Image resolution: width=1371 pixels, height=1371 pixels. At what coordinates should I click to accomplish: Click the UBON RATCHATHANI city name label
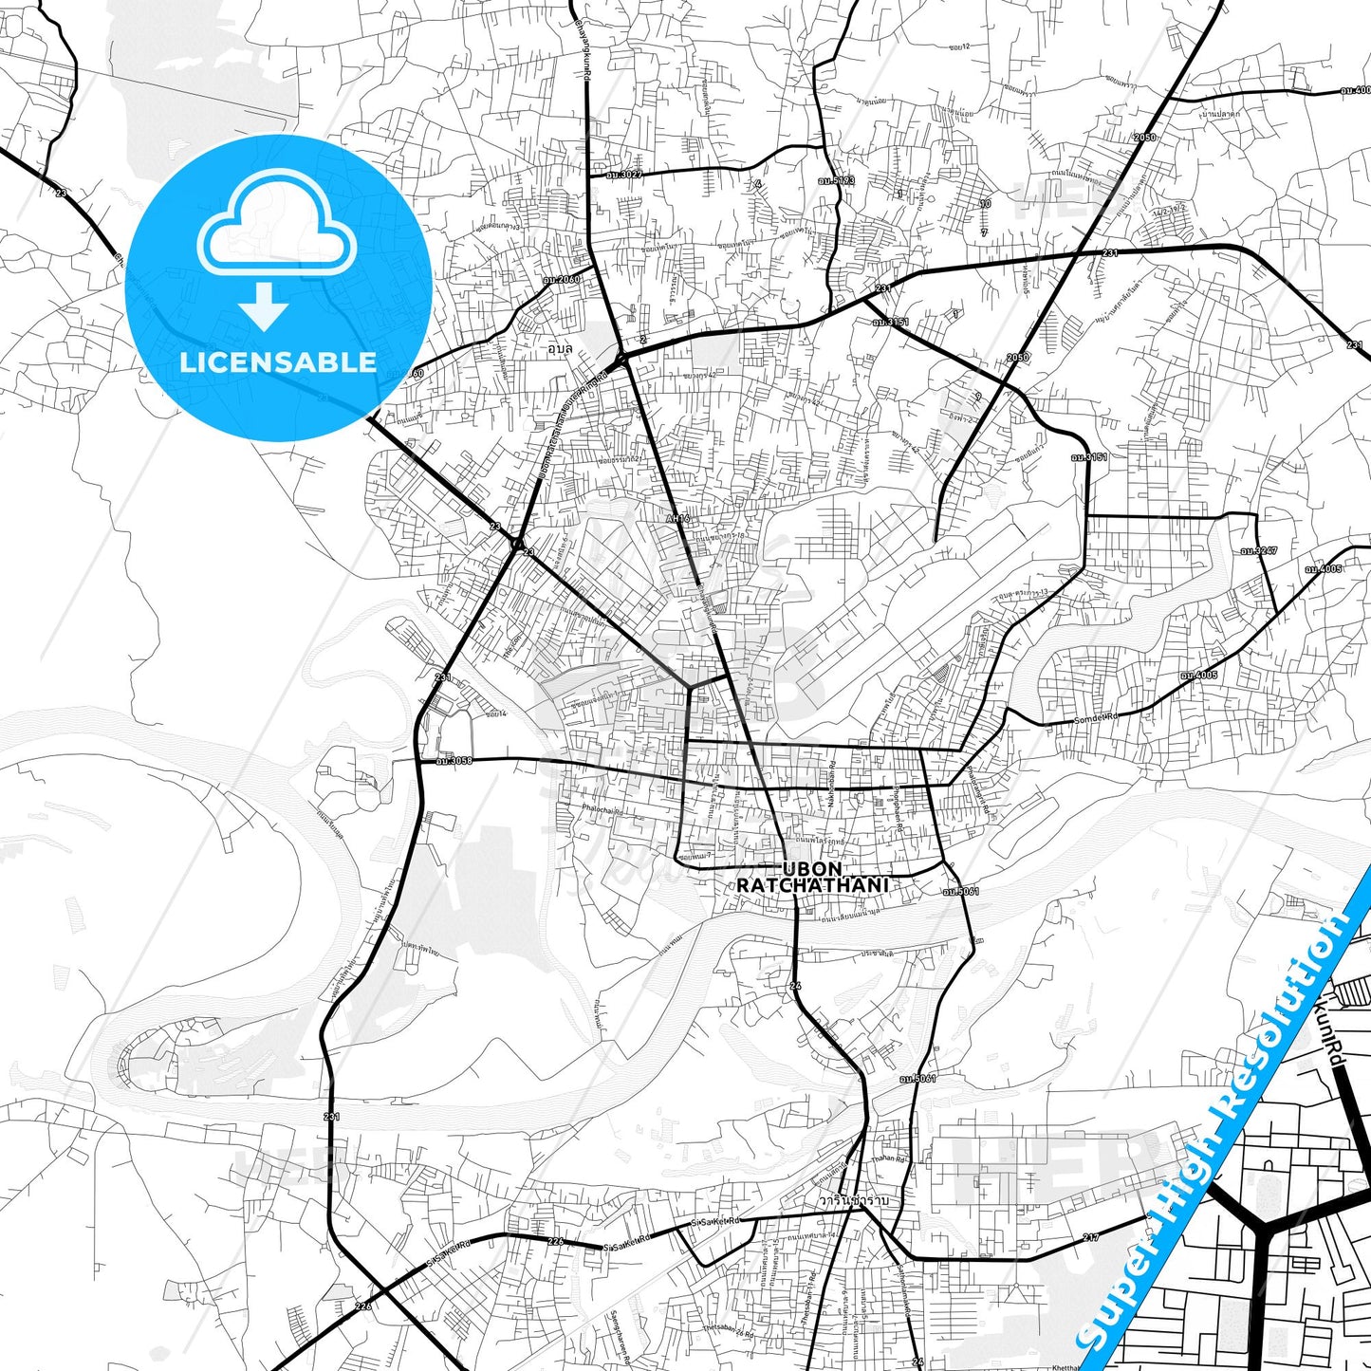[x=812, y=877]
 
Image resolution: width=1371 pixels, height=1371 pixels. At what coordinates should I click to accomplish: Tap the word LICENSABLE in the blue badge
[x=278, y=361]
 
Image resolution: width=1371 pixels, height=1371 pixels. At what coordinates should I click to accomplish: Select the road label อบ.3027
[x=625, y=175]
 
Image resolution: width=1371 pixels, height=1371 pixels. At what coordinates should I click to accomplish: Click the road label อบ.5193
[x=837, y=179]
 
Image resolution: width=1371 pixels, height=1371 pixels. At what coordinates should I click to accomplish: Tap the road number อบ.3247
[x=1259, y=550]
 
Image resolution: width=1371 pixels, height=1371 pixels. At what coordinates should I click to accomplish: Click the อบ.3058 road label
[x=454, y=760]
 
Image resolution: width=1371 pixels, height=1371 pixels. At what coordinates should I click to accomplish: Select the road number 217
[x=1091, y=1237]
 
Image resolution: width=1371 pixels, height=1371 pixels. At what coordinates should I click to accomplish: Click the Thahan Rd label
[x=889, y=1159]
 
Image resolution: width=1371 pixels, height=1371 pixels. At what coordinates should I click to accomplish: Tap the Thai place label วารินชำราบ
[x=854, y=1200]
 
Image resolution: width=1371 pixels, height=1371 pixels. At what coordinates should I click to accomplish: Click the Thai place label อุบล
[x=561, y=348]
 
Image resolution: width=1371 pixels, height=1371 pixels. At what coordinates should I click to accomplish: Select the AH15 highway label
[x=677, y=519]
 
